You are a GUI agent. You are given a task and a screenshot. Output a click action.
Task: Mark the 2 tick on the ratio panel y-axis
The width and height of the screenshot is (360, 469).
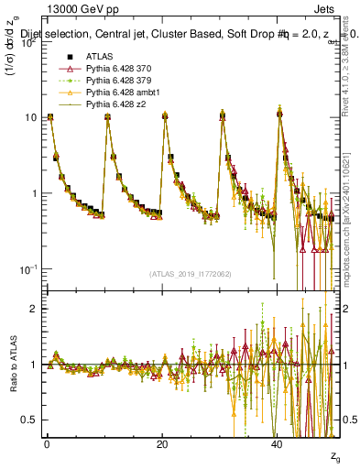pos(31,309)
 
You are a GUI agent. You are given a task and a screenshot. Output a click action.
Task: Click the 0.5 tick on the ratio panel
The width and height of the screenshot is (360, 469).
pos(27,420)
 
